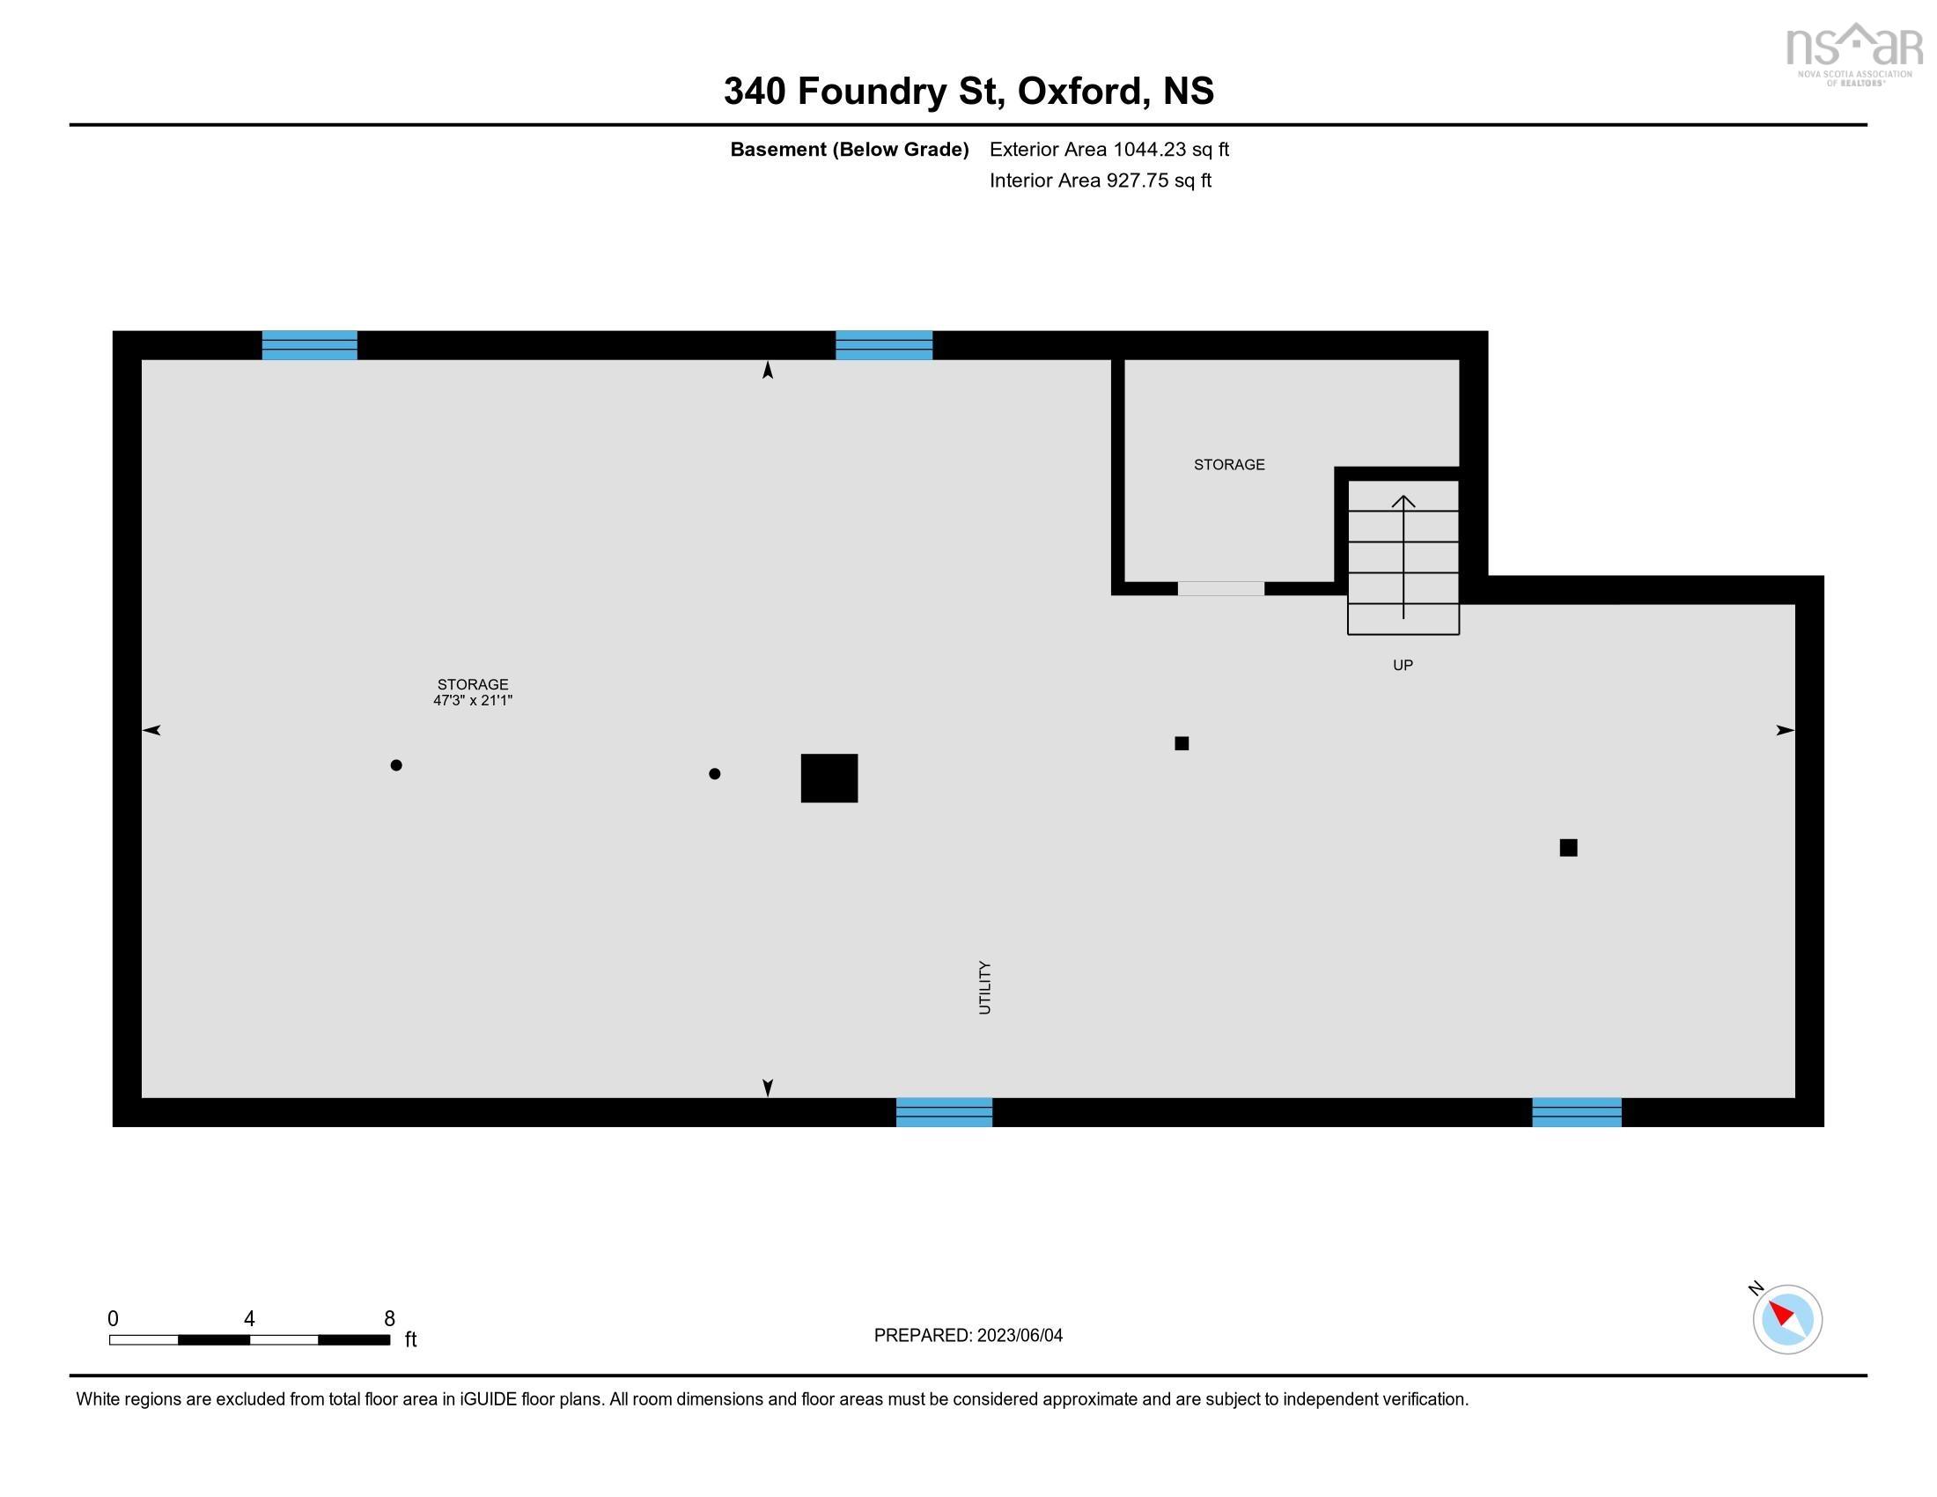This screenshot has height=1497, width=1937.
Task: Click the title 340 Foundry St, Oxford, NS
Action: click(968, 92)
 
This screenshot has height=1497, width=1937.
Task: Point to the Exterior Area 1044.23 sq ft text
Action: click(1108, 150)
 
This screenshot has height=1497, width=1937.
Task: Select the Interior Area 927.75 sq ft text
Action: click(1100, 181)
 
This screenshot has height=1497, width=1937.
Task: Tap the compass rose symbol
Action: click(1786, 1319)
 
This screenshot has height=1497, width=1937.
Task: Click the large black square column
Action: click(829, 778)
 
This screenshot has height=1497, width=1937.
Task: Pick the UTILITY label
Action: click(984, 987)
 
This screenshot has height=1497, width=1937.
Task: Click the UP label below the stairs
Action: click(1403, 665)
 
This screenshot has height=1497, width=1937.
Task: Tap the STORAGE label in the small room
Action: click(1228, 465)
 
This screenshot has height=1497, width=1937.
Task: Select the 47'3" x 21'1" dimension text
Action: click(473, 701)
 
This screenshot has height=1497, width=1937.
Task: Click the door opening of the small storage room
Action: click(1220, 589)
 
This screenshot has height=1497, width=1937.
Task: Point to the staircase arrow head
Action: click(1403, 502)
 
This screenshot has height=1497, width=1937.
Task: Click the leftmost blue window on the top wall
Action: click(310, 345)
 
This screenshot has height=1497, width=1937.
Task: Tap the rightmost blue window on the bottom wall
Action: click(1576, 1112)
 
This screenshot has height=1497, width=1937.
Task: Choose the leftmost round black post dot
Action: click(396, 765)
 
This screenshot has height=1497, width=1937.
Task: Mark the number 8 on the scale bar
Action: click(389, 1319)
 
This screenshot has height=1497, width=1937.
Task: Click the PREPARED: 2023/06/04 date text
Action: click(968, 1336)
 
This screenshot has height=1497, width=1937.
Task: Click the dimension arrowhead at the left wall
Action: click(151, 730)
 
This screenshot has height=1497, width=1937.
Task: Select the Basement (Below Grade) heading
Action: click(849, 150)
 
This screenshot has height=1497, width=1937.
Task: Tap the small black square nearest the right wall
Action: click(1568, 848)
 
